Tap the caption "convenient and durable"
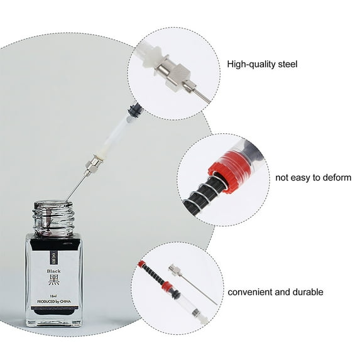(275, 292)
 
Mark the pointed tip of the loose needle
(216, 305)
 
